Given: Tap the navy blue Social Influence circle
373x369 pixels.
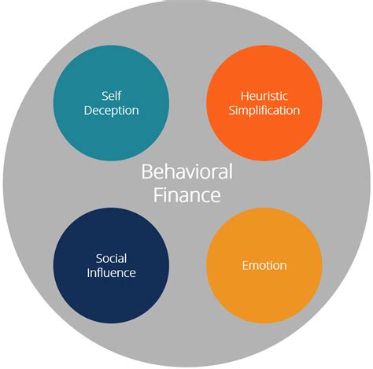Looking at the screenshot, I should click(111, 265).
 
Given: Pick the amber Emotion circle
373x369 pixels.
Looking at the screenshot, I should click(264, 265).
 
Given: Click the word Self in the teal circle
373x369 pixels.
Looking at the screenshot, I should click(111, 94).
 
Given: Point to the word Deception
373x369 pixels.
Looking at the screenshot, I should click(111, 109).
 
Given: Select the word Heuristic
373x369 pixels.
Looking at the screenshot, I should click(264, 95).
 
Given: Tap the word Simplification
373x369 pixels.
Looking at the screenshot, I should click(264, 110).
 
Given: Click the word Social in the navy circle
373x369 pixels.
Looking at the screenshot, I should click(111, 258).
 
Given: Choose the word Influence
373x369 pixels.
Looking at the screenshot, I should click(111, 273).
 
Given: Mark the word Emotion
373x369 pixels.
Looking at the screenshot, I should click(264, 266).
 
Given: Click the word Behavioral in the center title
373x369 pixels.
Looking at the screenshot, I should click(186, 172).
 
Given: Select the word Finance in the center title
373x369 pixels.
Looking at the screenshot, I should click(186, 195).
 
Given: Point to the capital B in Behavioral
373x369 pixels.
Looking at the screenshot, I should click(147, 172).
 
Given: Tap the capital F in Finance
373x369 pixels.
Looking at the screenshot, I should click(157, 195).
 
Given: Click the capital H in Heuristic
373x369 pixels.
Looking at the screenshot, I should click(242, 95).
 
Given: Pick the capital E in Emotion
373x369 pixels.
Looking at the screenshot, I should click(245, 266).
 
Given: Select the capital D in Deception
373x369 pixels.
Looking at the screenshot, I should click(87, 109).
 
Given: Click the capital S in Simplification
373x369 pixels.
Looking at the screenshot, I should click(232, 110).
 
